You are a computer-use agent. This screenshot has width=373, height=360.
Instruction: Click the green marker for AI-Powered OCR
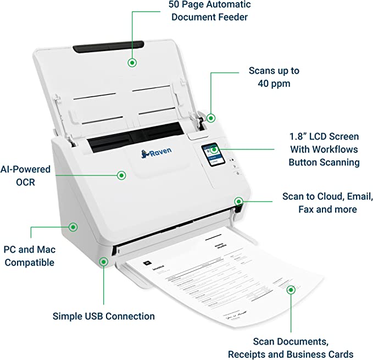point(121,175)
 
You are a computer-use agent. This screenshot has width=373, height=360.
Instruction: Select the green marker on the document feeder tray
point(132,62)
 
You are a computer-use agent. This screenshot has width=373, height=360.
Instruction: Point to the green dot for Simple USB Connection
point(104,262)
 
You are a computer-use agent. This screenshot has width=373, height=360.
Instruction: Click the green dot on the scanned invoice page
point(291,289)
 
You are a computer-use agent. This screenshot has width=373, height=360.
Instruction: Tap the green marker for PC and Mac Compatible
point(72,226)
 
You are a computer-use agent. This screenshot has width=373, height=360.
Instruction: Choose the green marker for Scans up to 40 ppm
point(210,118)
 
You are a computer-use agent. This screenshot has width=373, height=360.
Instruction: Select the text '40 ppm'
point(274,84)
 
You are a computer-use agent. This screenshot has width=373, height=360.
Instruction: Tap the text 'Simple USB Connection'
point(103,316)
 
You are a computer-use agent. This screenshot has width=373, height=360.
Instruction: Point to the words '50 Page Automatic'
point(209,5)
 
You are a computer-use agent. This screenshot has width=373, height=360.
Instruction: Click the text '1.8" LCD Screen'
point(324,136)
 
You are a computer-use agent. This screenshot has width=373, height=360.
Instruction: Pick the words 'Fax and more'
point(327,209)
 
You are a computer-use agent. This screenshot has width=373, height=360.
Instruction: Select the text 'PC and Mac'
point(29,250)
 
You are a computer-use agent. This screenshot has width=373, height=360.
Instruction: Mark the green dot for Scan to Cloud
point(238,201)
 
